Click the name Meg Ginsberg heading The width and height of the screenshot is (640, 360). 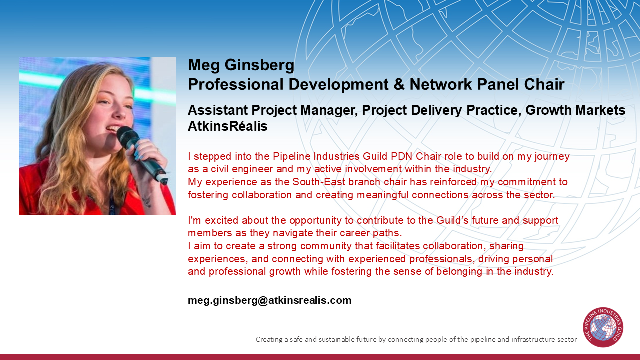[x=241, y=65]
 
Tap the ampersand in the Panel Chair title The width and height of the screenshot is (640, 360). [x=399, y=84]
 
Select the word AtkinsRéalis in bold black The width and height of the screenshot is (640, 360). [x=227, y=126]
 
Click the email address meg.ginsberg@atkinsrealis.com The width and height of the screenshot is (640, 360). [x=269, y=300]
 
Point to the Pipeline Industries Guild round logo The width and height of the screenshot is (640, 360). [x=603, y=327]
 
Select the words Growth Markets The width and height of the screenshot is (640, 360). [x=575, y=110]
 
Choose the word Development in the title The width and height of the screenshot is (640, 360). [x=338, y=85]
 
